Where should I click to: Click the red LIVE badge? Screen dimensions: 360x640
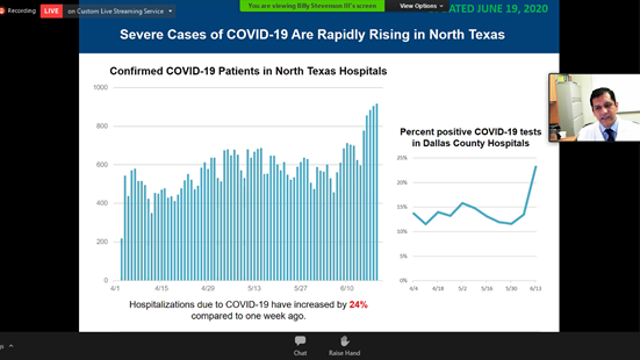(x=50, y=10)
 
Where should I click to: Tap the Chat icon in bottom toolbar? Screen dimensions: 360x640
(x=300, y=343)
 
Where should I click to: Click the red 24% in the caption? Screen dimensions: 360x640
(x=358, y=301)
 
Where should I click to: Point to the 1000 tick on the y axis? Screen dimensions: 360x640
(x=101, y=88)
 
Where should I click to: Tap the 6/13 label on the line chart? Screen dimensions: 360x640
(x=536, y=287)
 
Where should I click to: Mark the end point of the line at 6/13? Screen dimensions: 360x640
(x=536, y=166)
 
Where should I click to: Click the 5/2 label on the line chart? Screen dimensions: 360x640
(x=462, y=287)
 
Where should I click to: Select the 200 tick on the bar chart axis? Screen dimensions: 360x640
(x=103, y=242)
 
